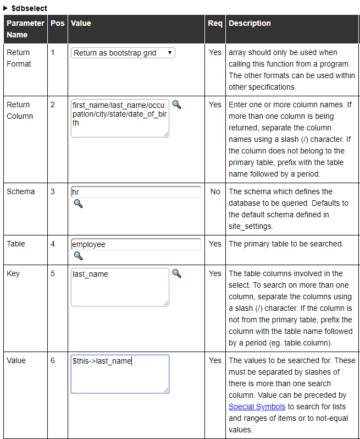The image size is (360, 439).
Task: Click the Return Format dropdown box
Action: coord(123,53)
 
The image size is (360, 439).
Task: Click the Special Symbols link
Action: coord(257,407)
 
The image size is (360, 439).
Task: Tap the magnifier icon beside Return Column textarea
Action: coord(176,104)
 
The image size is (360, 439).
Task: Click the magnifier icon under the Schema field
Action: coord(78,204)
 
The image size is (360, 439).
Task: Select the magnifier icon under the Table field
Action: coord(78,255)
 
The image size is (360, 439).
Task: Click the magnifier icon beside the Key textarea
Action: coord(176,273)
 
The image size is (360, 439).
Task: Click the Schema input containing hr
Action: coord(136,192)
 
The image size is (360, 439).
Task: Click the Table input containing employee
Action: coord(136,244)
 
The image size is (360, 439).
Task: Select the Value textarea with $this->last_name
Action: coord(120,374)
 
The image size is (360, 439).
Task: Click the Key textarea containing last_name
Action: coord(120,287)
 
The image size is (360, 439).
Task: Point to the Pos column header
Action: coord(57,24)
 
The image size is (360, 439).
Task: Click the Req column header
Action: coord(215,24)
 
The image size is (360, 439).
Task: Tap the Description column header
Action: coord(250,24)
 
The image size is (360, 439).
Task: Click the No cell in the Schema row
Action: coord(215,191)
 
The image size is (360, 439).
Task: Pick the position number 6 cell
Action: coord(53,360)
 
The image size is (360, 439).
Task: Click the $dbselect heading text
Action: coord(29,8)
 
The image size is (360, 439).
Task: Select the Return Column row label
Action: coord(20,110)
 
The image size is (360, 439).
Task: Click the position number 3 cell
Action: coord(53,191)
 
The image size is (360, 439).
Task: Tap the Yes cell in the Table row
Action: coord(215,244)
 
